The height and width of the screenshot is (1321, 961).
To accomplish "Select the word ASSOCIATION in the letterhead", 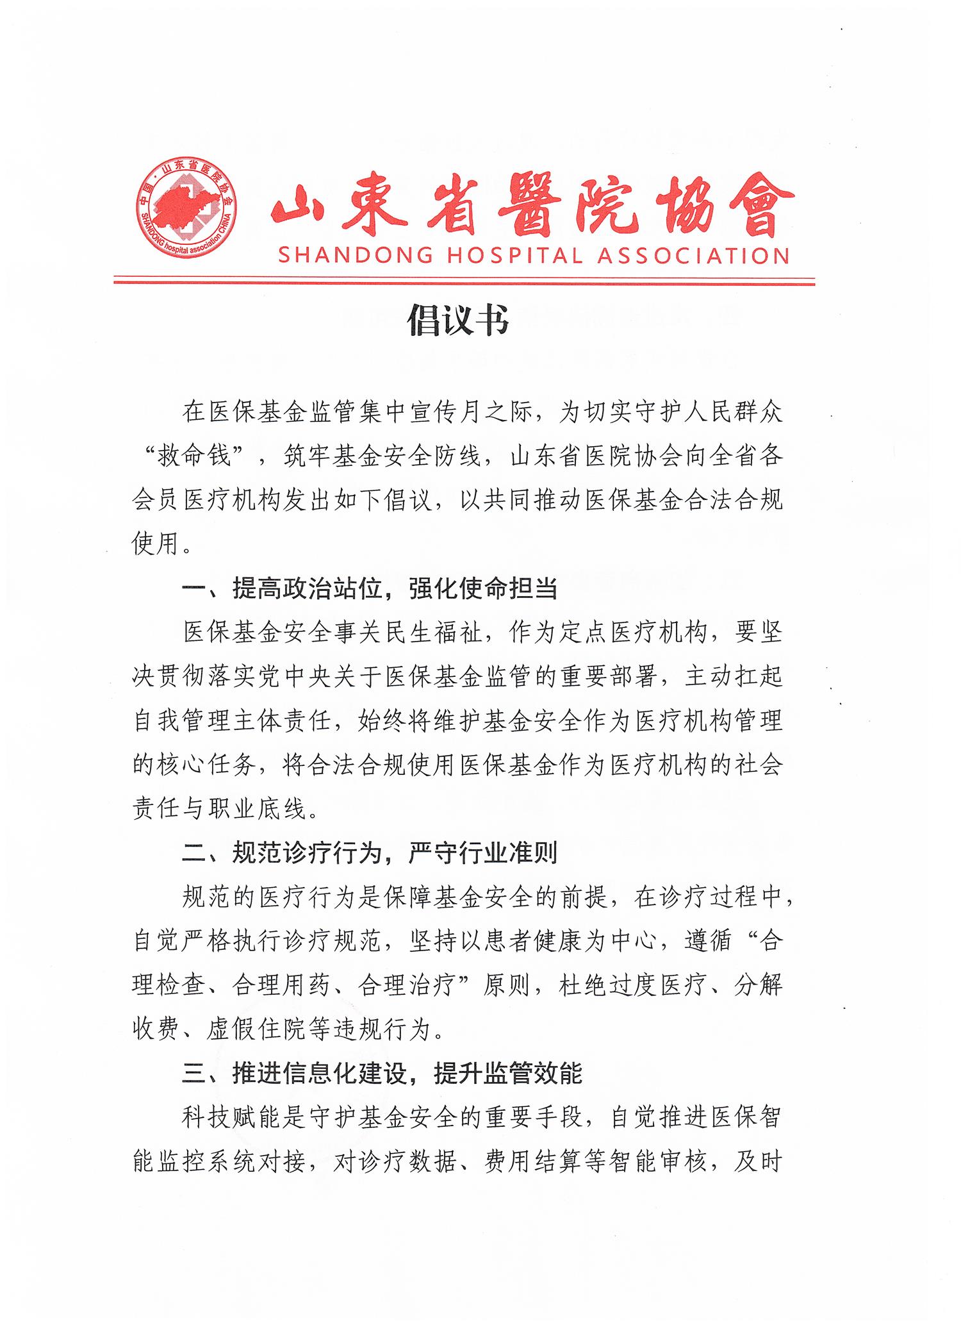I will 693,256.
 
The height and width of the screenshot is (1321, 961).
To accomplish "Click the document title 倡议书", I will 459,320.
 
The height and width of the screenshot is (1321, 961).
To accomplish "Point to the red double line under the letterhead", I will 464,281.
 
